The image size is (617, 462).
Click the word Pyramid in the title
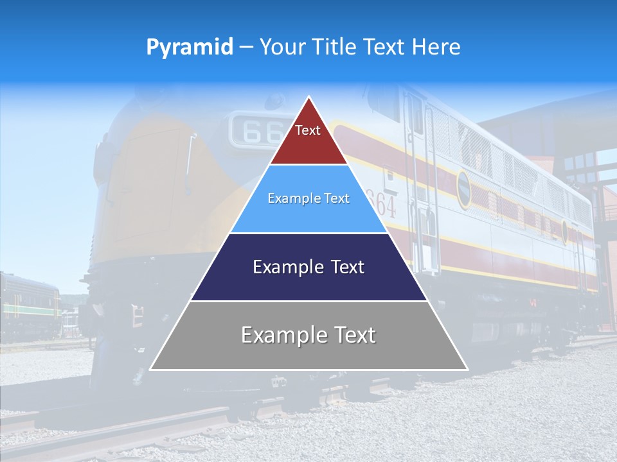pyautogui.click(x=189, y=47)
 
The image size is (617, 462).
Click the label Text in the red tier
pyautogui.click(x=307, y=130)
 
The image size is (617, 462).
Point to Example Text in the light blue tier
pyautogui.click(x=308, y=198)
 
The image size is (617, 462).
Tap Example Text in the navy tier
pyautogui.click(x=308, y=267)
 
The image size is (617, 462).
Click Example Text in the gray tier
pyautogui.click(x=308, y=335)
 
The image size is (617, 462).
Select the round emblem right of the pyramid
pyautogui.click(x=463, y=189)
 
